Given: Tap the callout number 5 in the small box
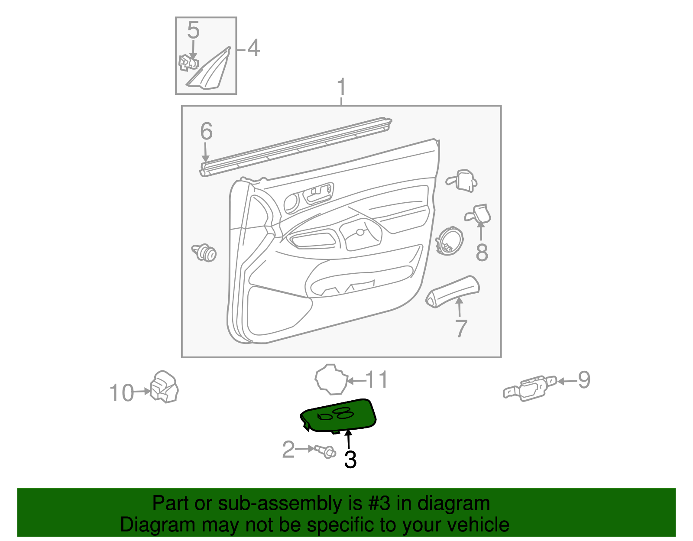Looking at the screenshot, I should pyautogui.click(x=193, y=30).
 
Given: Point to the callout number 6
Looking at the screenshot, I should pyautogui.click(x=206, y=131).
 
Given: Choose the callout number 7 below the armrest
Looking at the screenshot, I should pyautogui.click(x=461, y=328).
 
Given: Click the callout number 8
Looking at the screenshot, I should pyautogui.click(x=482, y=253).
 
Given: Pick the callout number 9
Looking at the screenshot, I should pyautogui.click(x=584, y=380).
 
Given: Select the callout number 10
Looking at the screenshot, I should pyautogui.click(x=121, y=393).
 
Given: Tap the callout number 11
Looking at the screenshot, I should pyautogui.click(x=377, y=380).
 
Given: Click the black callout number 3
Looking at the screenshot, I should pyautogui.click(x=350, y=460).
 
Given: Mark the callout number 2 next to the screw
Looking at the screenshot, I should pyautogui.click(x=288, y=450).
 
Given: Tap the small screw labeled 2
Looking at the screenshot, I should pyautogui.click(x=326, y=452).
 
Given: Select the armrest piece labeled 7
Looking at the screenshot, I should pyautogui.click(x=453, y=291).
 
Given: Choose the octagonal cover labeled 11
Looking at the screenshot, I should pyautogui.click(x=331, y=379).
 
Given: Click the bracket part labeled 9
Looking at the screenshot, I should pyautogui.click(x=530, y=388).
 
